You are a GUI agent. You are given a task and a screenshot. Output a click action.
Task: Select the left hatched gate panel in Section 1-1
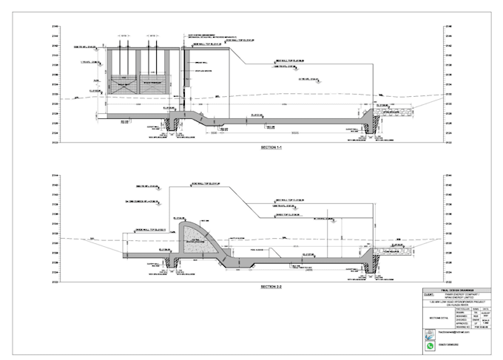[122, 85]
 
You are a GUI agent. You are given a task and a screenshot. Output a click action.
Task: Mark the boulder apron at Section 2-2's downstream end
[391, 252]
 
